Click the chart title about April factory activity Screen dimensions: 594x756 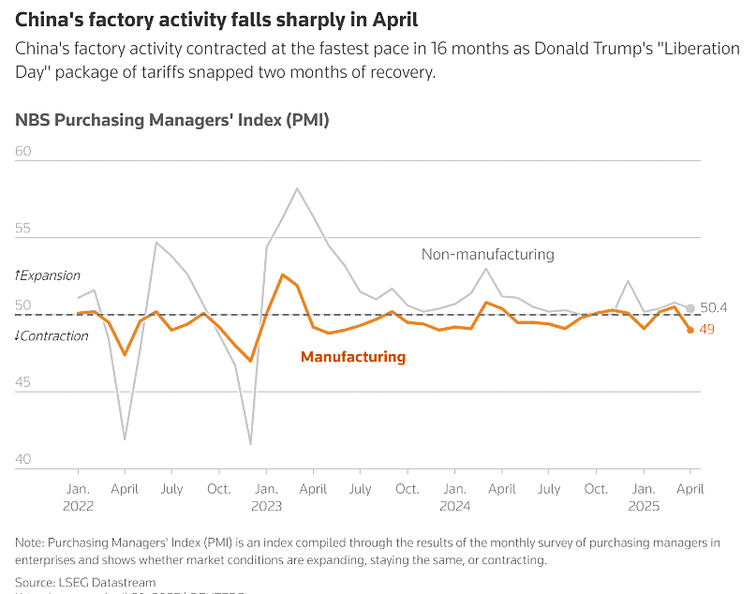coord(216,20)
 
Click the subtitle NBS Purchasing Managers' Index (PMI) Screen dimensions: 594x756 coord(171,120)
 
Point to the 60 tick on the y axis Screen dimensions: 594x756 coord(23,151)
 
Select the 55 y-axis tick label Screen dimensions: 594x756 coord(23,228)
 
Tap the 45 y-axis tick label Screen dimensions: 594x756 coord(23,381)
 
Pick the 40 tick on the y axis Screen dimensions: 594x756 coord(23,459)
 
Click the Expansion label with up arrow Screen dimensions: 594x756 coord(48,275)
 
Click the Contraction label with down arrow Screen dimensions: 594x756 coord(52,335)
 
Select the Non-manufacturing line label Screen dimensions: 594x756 coord(487,254)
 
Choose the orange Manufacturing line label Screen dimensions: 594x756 coord(352,357)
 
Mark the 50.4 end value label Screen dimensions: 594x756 coord(714,307)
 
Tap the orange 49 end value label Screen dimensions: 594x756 coord(707,329)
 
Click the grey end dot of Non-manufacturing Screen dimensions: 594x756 coord(690,308)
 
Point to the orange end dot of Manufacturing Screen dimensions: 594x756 coord(690,330)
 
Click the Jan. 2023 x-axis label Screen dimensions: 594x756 coord(266,497)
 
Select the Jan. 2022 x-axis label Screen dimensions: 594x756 coord(78,497)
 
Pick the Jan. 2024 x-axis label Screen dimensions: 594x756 coord(454,497)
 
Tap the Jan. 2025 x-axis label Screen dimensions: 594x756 coord(643,497)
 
